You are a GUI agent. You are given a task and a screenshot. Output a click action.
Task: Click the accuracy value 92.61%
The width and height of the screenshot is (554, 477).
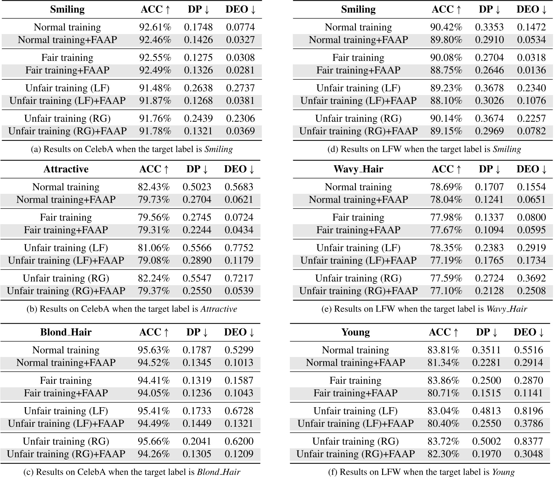pos(155,27)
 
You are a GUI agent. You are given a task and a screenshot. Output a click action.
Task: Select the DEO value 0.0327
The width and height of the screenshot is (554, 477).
pos(240,40)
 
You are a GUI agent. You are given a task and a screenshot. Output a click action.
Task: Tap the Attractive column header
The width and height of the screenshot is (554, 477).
pos(66,169)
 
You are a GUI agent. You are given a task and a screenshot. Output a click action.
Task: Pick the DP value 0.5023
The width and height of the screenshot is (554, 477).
pos(197,187)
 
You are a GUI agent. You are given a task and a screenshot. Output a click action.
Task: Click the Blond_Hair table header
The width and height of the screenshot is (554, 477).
pos(66,332)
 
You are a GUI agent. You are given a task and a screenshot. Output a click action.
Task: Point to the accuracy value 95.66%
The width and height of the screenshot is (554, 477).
pos(154,441)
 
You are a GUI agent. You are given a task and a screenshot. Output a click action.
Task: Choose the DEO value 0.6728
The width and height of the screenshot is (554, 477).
pos(239,411)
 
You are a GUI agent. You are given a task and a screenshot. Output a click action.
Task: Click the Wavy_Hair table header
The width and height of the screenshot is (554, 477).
pos(358,169)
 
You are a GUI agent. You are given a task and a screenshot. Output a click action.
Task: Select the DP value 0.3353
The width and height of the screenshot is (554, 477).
pos(489,27)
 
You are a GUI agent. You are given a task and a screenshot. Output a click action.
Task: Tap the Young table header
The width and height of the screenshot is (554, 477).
pos(356,332)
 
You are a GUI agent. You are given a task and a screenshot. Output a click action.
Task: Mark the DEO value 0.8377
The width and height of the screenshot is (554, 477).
pos(528,441)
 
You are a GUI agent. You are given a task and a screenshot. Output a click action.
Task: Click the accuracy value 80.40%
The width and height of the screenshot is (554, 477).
pos(443,423)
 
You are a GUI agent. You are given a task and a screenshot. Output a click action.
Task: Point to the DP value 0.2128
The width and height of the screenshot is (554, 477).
pos(489,291)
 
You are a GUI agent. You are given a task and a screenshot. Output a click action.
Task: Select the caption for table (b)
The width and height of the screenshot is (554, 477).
pos(132,309)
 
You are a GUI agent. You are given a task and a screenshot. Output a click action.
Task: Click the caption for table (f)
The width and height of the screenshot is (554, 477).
pos(421,472)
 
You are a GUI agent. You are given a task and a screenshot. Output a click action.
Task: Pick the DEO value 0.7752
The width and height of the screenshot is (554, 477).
pos(239,248)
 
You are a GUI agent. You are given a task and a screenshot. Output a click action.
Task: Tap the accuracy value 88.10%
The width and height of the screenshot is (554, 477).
pos(446,100)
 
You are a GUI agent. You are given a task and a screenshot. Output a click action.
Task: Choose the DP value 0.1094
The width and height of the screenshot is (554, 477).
pos(489,230)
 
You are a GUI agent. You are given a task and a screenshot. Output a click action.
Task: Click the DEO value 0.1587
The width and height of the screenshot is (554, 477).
pos(239,381)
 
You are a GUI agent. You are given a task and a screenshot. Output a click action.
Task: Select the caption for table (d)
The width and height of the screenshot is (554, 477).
pos(424,149)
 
